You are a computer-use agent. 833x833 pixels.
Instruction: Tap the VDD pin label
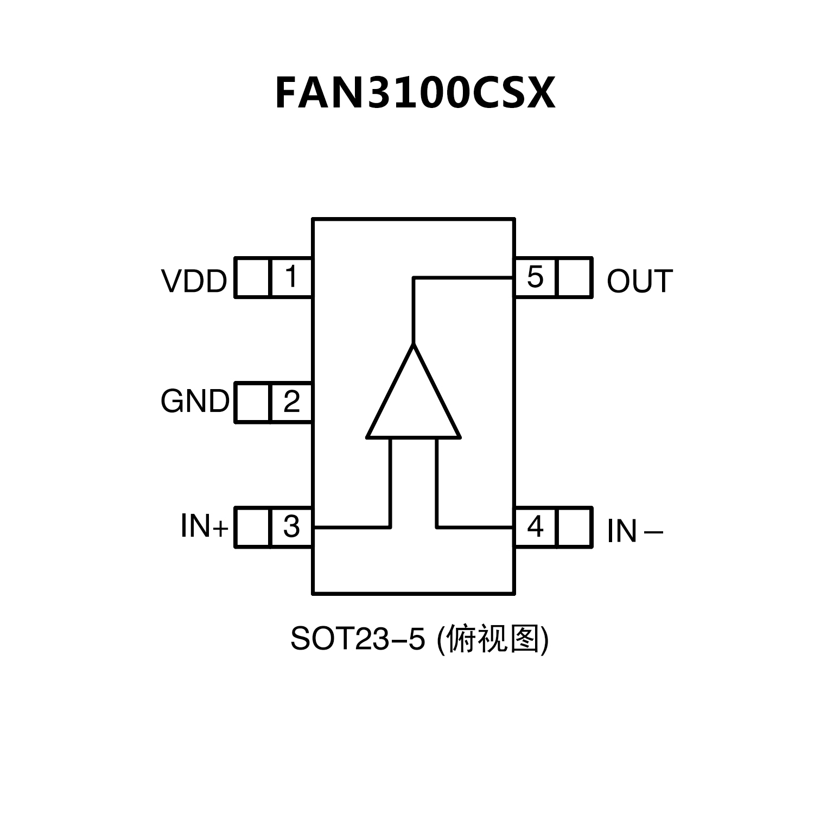coord(194,281)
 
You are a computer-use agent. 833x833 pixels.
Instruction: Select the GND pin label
coord(195,402)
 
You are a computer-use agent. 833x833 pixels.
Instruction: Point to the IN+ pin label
coord(205,526)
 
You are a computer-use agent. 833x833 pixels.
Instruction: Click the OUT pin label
coord(639,281)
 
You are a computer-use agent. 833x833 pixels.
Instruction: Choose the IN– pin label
coord(634,531)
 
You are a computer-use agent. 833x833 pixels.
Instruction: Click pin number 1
coord(291,277)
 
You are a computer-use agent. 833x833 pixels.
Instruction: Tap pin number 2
coord(291,402)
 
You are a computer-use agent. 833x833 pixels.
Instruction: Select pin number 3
coord(291,526)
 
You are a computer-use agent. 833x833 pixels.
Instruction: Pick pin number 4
coord(535,526)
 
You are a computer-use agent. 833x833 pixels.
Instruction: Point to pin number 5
coord(535,277)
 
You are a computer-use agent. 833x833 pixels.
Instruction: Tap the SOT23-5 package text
coord(357,639)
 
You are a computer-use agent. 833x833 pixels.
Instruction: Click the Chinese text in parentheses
coord(493,639)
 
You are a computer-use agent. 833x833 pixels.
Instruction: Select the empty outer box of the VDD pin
coord(253,277)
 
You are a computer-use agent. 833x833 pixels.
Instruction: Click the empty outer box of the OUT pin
coord(574,277)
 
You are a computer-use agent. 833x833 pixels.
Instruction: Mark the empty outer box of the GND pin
coord(253,402)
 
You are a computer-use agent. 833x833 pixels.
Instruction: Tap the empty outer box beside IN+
coord(253,527)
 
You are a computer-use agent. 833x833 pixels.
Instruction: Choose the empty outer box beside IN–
coord(574,527)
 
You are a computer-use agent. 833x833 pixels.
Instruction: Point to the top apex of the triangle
coord(414,345)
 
